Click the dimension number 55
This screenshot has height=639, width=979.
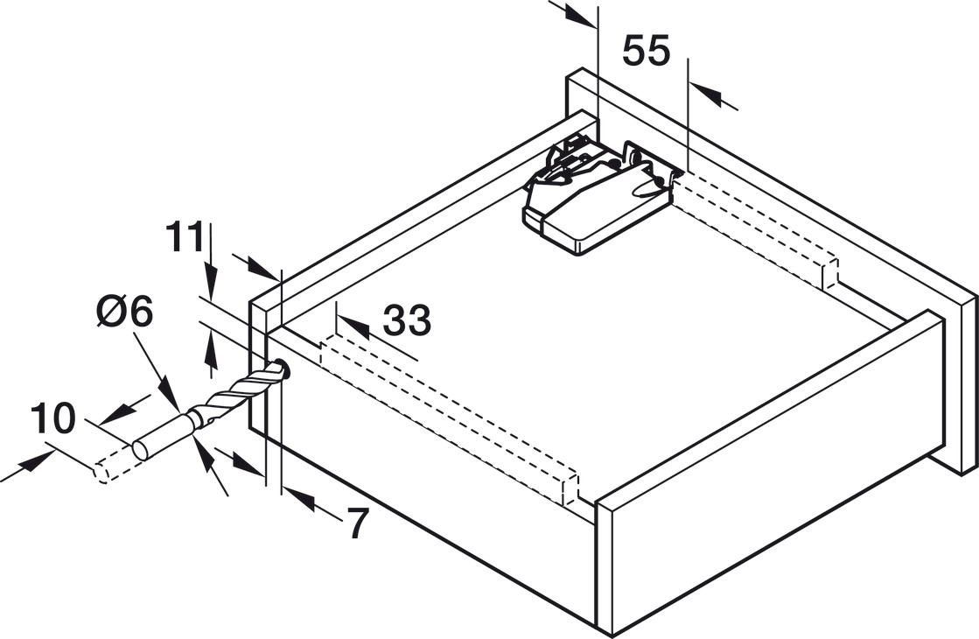[x=646, y=51]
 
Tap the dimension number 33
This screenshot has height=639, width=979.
[x=407, y=319]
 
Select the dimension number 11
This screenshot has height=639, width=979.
[x=185, y=237]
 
